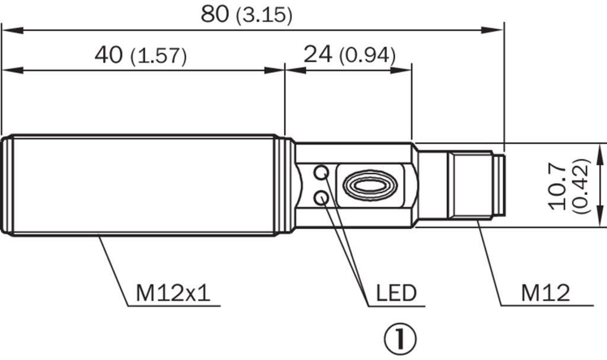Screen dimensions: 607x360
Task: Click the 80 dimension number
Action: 215,14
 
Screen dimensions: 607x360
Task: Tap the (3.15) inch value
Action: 264,15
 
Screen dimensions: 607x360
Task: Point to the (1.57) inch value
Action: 159,56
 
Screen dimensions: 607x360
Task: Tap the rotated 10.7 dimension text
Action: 559,186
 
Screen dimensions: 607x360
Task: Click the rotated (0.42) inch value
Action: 581,186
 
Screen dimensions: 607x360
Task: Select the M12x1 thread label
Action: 173,293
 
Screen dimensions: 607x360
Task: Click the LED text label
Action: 397,294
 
